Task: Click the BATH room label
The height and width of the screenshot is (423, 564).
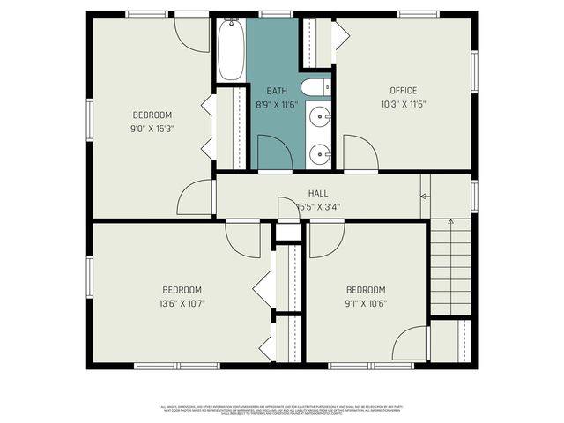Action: click(x=277, y=91)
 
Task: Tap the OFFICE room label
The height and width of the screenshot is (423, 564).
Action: click(x=404, y=91)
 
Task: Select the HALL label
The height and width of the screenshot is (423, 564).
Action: click(x=318, y=194)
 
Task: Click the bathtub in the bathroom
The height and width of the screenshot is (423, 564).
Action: click(x=231, y=49)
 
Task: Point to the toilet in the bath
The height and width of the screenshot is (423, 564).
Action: click(x=315, y=86)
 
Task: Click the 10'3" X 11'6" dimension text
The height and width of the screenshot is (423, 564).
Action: click(x=404, y=105)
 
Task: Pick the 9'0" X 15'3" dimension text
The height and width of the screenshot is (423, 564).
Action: click(x=152, y=129)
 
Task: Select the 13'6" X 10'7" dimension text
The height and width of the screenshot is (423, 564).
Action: click(x=182, y=304)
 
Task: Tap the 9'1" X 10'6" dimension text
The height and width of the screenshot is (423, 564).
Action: click(x=366, y=304)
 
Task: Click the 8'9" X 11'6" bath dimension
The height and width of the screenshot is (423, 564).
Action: click(x=277, y=105)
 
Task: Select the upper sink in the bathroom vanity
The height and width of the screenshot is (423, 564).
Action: click(x=322, y=115)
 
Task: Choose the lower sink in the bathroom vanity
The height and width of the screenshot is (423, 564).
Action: click(x=322, y=152)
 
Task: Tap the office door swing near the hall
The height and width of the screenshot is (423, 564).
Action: click(x=360, y=152)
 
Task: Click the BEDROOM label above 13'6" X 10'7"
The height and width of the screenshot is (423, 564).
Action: click(x=182, y=290)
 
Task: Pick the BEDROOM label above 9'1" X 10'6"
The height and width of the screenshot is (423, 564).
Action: click(x=366, y=290)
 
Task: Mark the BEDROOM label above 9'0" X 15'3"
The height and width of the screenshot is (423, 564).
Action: click(x=152, y=115)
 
